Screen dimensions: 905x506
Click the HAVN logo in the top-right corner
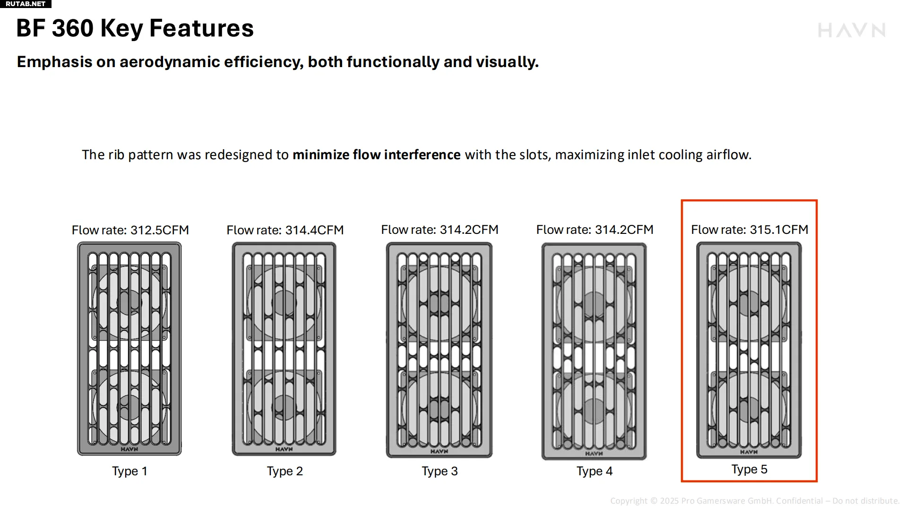click(x=852, y=30)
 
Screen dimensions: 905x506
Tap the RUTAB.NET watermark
click(x=26, y=4)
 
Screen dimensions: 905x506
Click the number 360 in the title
click(x=73, y=28)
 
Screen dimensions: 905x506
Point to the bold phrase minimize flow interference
click(x=377, y=154)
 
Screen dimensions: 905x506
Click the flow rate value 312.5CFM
click(x=160, y=230)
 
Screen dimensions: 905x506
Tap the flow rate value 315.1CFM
click(x=779, y=230)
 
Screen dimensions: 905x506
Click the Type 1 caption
click(x=129, y=471)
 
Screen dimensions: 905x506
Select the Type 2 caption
click(x=284, y=471)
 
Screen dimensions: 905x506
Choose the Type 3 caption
click(x=440, y=471)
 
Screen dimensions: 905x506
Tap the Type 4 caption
click(x=595, y=471)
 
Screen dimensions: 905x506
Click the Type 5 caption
click(x=750, y=469)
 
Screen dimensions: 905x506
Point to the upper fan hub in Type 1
click(x=129, y=302)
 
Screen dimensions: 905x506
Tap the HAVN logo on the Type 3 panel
click(x=439, y=451)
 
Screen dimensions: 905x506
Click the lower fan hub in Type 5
click(x=749, y=409)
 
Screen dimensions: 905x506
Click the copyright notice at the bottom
click(x=755, y=501)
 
